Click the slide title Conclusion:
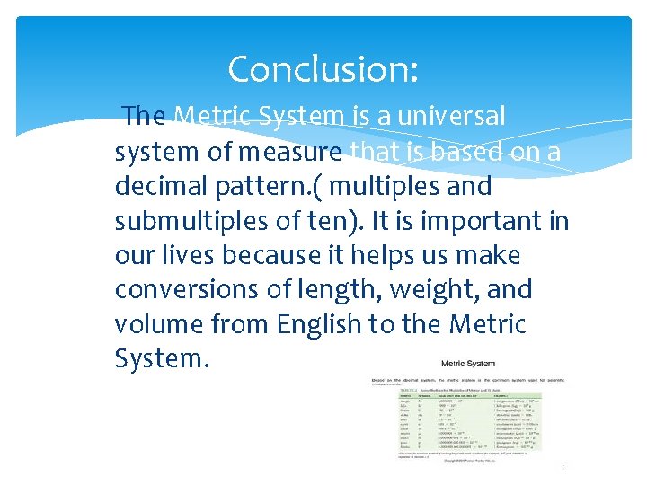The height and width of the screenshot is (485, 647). (x=323, y=69)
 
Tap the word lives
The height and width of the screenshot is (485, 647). (x=191, y=256)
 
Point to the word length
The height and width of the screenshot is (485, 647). (x=330, y=291)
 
